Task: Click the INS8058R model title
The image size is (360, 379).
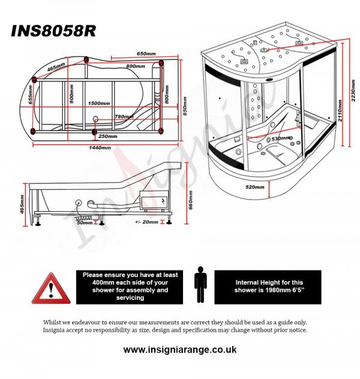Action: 53,31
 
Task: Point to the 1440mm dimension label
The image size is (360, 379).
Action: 99,148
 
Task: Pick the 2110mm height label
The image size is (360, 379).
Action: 340,112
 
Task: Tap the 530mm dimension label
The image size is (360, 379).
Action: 281,139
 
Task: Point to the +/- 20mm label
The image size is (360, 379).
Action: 147,222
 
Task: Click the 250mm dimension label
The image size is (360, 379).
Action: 108,136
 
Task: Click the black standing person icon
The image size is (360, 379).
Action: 200,287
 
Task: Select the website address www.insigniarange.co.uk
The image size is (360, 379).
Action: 180,350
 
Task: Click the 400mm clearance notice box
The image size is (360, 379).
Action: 130,286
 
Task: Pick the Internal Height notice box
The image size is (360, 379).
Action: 268,286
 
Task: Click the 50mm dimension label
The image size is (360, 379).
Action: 85,222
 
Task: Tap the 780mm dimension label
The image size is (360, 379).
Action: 124,116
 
